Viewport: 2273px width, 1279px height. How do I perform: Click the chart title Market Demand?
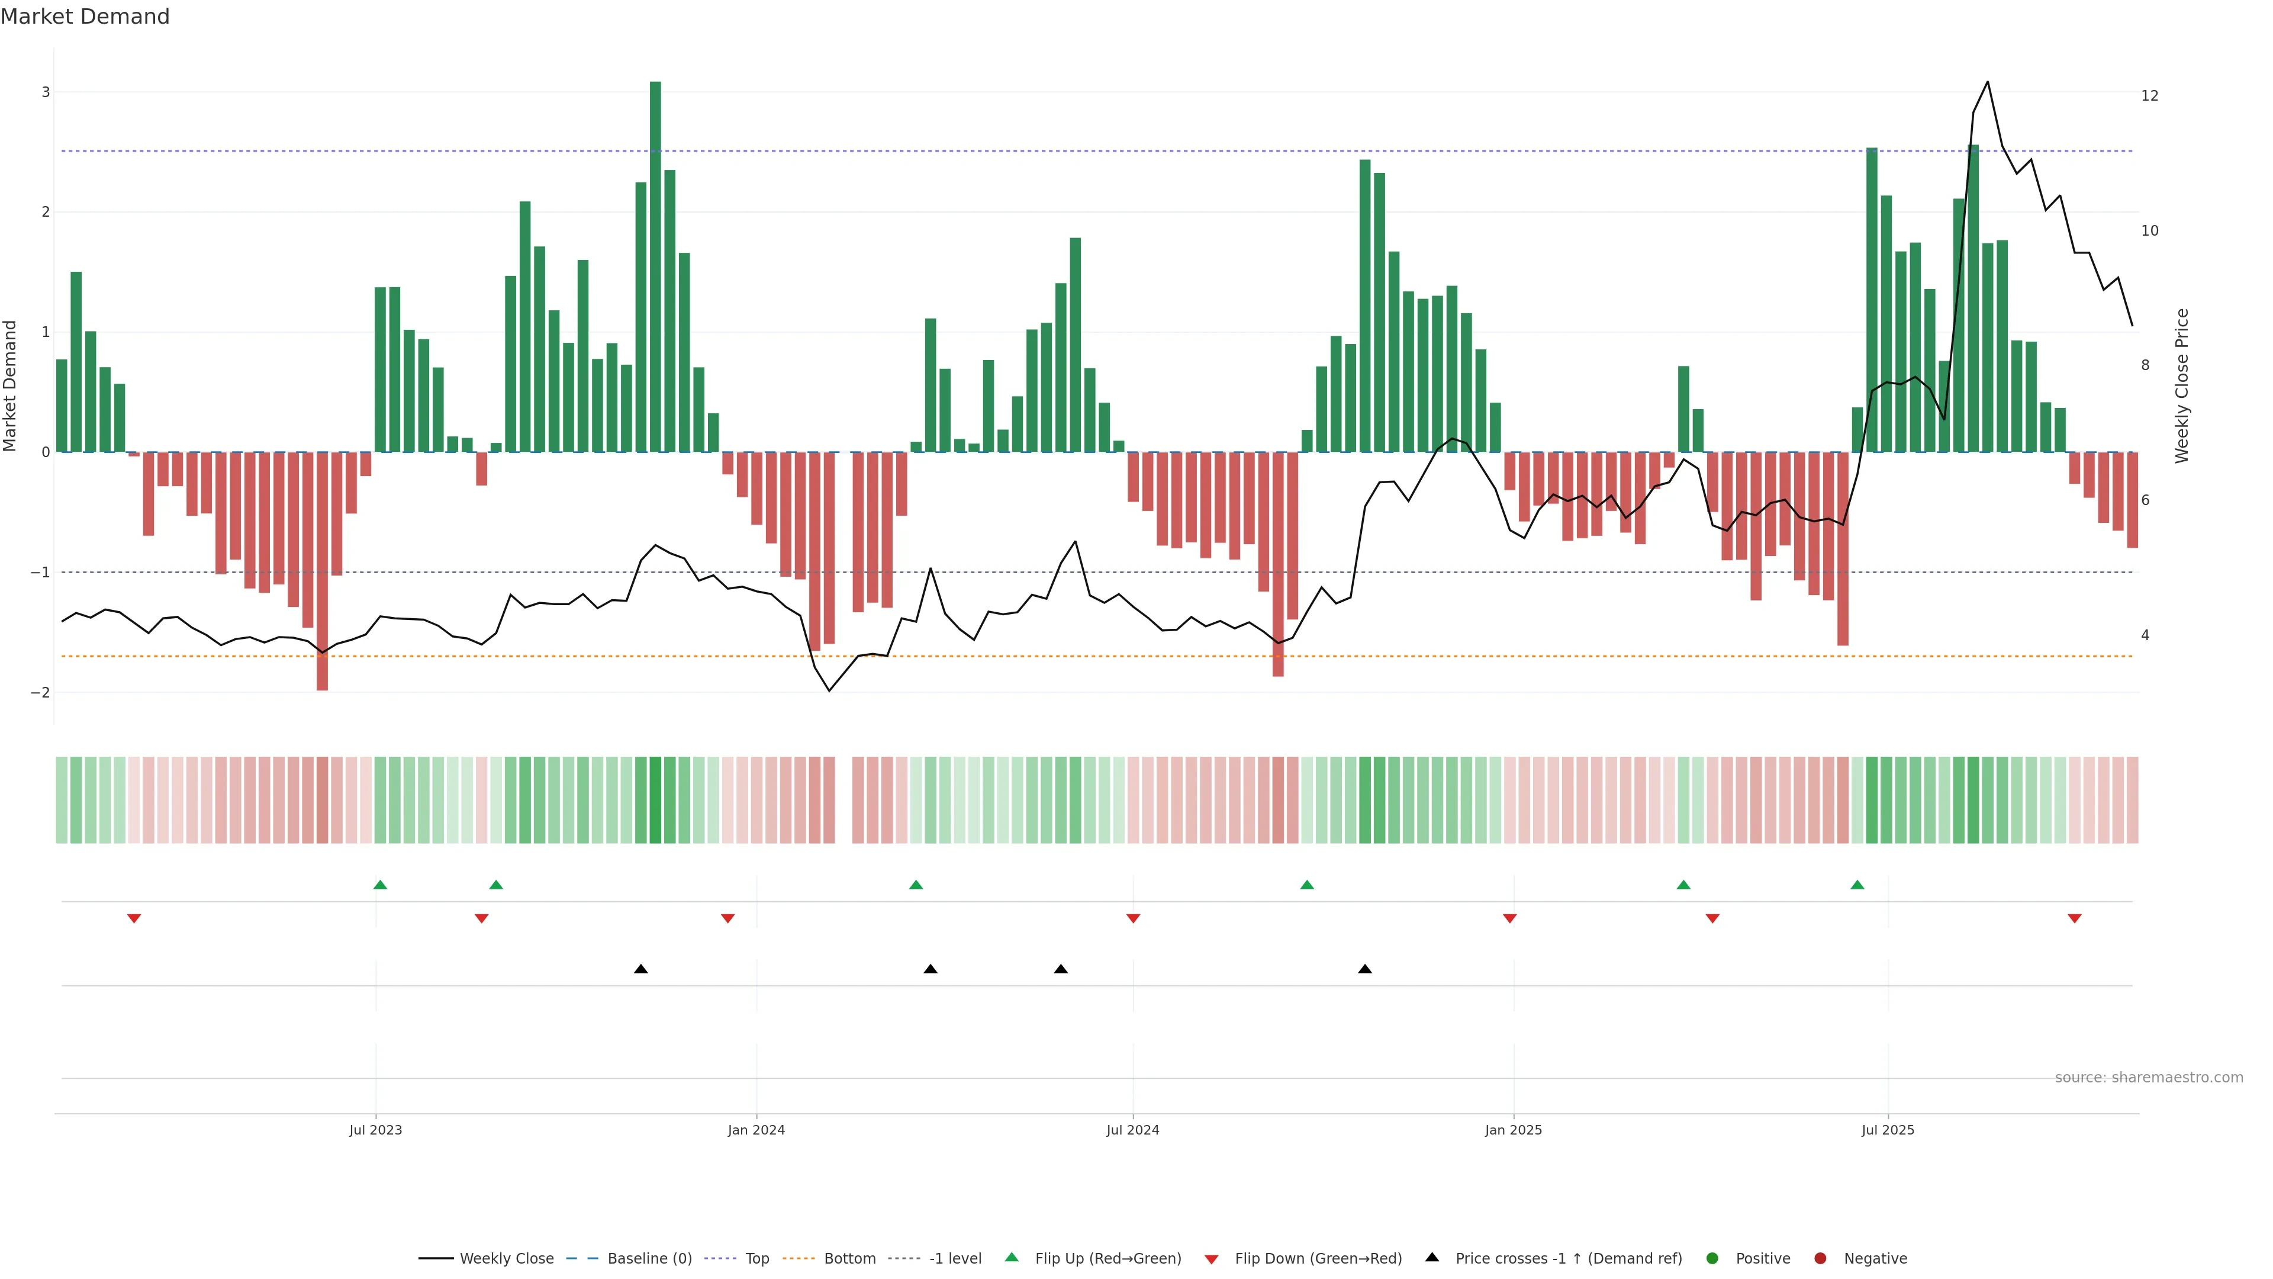tap(85, 17)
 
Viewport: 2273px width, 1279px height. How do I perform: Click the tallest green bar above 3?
tap(655, 265)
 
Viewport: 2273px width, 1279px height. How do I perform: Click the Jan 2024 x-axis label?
tap(756, 1130)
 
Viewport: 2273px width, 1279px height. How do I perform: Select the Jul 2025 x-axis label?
tap(1888, 1130)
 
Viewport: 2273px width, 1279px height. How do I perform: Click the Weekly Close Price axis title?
tap(2182, 385)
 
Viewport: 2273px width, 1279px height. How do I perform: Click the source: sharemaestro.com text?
tap(2149, 1078)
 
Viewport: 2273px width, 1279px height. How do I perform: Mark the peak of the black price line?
tap(1987, 82)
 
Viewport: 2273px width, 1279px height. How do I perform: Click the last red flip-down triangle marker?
tap(2075, 919)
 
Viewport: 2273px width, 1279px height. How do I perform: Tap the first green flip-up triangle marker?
tap(380, 885)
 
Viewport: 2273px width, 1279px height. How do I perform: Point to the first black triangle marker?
tap(642, 969)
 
